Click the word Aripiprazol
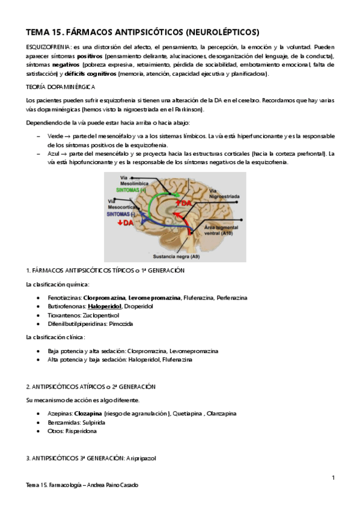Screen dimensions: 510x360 pyautogui.click(x=141, y=458)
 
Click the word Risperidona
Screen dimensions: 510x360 pyautogui.click(x=79, y=431)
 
